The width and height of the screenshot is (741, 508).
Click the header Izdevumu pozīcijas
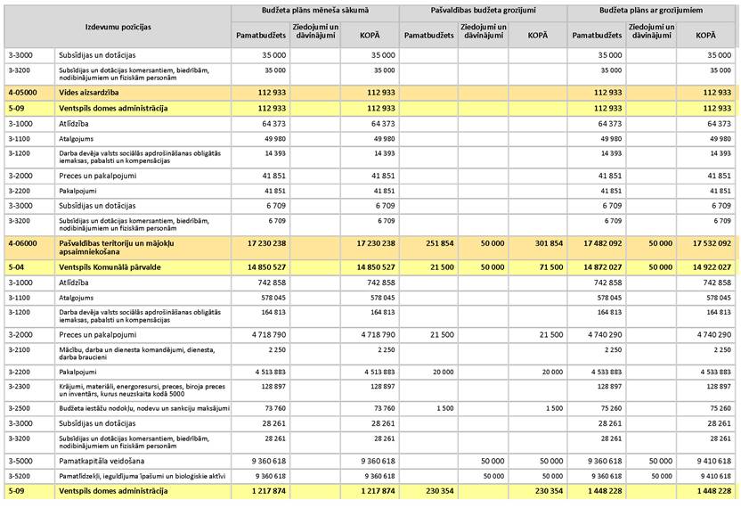117,27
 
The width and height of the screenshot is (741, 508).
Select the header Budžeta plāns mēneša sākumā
314,11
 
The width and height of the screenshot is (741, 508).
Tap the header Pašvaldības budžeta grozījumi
483,11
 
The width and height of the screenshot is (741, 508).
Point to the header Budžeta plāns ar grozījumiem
652,11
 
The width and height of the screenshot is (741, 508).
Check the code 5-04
15,266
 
